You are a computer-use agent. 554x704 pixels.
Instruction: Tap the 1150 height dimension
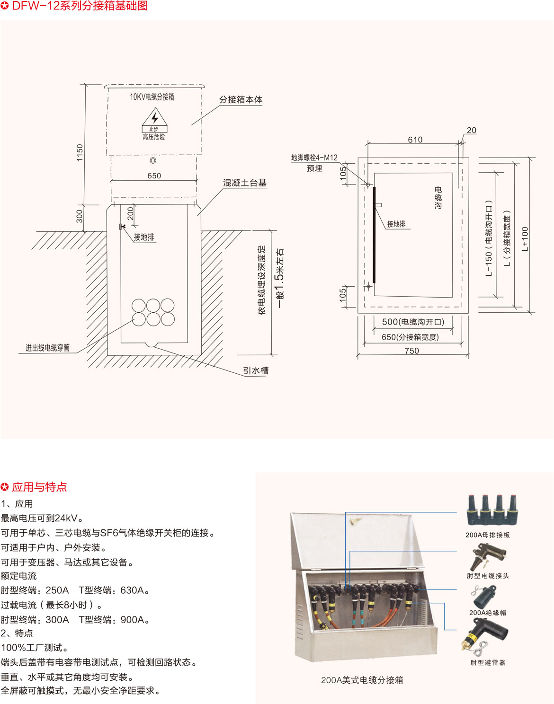pos(80,153)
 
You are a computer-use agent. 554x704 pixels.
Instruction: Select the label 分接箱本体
pos(241,100)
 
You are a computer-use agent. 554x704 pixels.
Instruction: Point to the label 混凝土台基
pos(245,183)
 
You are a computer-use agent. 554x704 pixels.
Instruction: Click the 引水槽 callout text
pos(256,370)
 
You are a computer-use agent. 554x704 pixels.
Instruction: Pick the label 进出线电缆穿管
pos(48,348)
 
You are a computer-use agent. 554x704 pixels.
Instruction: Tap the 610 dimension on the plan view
pos(415,140)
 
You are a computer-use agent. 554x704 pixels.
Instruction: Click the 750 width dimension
pos(411,351)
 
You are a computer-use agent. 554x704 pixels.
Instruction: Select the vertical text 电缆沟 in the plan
pos(438,198)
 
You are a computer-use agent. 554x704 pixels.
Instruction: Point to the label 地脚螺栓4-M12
pos(314,158)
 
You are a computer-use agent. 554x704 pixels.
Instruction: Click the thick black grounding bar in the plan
pos(374,235)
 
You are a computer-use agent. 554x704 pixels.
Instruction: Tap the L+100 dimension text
pos(525,239)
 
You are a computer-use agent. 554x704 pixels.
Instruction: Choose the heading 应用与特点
pos(39,487)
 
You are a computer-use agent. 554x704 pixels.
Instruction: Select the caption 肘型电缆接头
pos(488,576)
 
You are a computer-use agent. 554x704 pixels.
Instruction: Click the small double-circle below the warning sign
pos(153,160)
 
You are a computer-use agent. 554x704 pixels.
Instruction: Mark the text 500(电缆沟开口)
pos(413,322)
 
